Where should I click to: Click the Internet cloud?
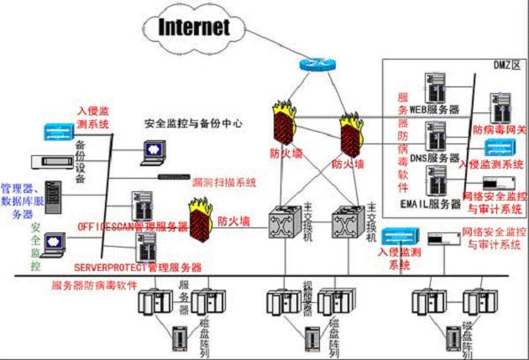pyautogui.click(x=193, y=28)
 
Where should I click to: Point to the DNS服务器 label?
pyautogui.click(x=432, y=158)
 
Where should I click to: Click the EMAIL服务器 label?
pyautogui.click(x=432, y=202)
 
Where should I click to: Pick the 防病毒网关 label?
pyautogui.click(x=500, y=131)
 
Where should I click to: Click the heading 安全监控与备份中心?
pyautogui.click(x=193, y=123)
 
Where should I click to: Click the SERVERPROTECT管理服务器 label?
pyautogui.click(x=138, y=267)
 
